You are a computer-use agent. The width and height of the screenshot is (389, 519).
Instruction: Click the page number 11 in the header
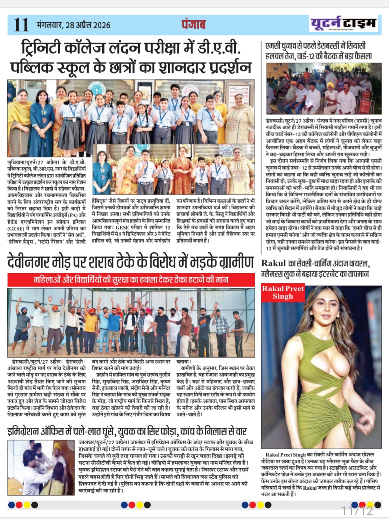(21, 25)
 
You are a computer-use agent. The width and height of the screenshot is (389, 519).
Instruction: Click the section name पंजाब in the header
(193, 25)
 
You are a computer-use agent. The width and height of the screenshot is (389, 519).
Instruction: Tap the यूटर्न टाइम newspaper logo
(343, 23)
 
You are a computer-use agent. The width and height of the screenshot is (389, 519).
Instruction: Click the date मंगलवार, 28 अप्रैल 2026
(74, 25)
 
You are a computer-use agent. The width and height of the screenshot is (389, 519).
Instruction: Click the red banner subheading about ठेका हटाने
(131, 280)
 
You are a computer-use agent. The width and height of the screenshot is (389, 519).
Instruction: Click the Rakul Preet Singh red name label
(283, 292)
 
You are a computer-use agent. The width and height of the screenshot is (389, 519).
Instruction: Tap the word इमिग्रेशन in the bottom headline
(30, 431)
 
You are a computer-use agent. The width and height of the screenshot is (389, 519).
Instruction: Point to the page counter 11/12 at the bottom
(357, 510)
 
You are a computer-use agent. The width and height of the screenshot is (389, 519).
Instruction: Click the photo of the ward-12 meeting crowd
(324, 88)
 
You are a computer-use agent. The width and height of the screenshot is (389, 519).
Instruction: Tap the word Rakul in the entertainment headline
(274, 263)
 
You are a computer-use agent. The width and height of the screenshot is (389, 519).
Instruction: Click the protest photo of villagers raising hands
(131, 322)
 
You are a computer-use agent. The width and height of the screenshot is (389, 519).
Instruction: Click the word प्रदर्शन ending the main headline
(226, 67)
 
